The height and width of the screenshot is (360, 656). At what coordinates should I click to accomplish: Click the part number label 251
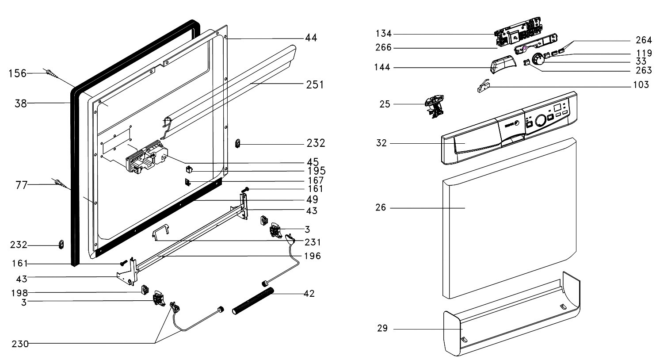pyautogui.click(x=315, y=84)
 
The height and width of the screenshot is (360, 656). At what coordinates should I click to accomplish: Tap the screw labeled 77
pyautogui.click(x=59, y=183)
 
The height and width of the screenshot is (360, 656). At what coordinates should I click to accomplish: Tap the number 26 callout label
pyautogui.click(x=381, y=207)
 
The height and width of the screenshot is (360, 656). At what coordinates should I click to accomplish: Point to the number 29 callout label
pyautogui.click(x=382, y=328)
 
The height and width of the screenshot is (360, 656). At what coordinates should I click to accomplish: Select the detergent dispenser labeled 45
pyautogui.click(x=146, y=158)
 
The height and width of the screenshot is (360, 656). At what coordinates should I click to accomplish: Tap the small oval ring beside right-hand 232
pyautogui.click(x=238, y=142)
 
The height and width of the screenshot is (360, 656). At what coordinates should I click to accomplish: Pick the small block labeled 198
pyautogui.click(x=144, y=290)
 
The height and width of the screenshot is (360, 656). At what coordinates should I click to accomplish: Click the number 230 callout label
pyautogui.click(x=20, y=343)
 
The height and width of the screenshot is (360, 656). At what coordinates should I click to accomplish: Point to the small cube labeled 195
pyautogui.click(x=189, y=169)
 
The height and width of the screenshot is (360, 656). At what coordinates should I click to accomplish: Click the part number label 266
pyautogui.click(x=383, y=48)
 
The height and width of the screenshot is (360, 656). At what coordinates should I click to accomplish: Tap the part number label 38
pyautogui.click(x=20, y=104)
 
